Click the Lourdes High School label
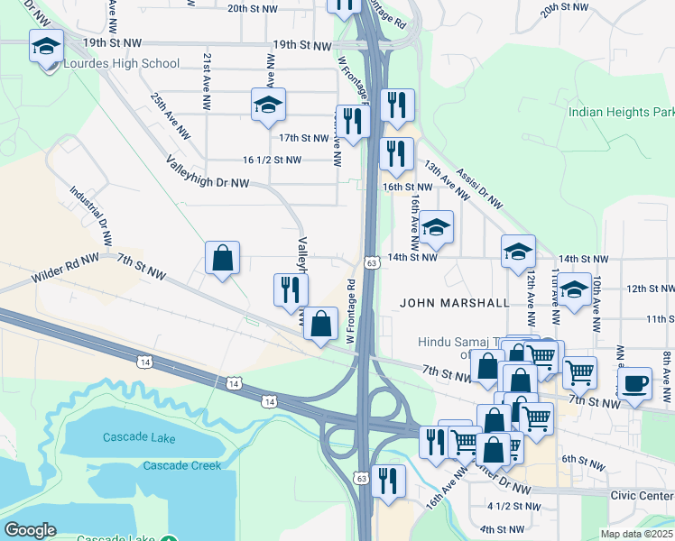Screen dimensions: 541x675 point(122,64)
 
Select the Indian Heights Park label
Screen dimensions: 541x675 point(621,113)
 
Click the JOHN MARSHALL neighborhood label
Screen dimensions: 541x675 point(455,304)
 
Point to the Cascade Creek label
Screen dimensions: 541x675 point(181,465)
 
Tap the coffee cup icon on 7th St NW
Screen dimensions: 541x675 point(634,382)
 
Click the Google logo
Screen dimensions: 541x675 point(30,530)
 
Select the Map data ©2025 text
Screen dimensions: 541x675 point(637,534)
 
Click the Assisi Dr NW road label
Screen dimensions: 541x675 point(478,186)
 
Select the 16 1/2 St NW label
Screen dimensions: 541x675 point(272,160)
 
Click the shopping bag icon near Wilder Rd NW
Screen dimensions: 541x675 point(222,259)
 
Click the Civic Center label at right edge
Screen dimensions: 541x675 point(643,495)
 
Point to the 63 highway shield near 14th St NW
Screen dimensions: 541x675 point(371,262)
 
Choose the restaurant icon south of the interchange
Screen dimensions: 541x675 point(388,481)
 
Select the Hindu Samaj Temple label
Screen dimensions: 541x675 point(460,343)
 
